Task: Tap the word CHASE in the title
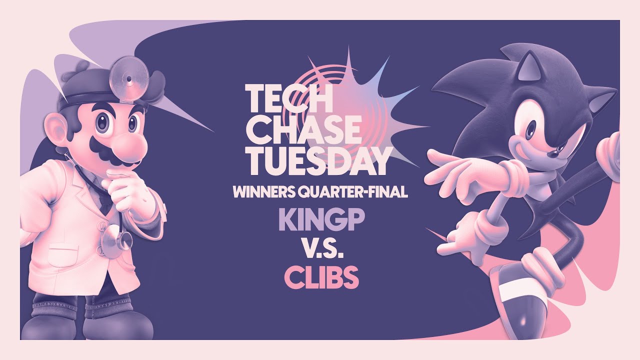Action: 304,131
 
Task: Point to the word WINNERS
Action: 263,191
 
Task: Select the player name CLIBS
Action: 321,277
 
